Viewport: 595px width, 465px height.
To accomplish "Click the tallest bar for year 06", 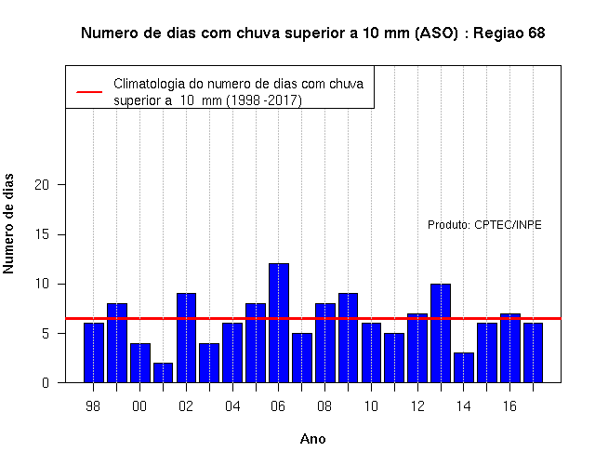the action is [x=279, y=323].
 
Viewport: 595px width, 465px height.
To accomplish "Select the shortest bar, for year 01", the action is [x=164, y=373].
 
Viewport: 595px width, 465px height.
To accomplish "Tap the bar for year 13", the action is [x=441, y=333].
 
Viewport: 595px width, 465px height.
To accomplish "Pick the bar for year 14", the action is [x=464, y=367].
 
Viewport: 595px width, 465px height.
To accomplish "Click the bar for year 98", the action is [x=94, y=352].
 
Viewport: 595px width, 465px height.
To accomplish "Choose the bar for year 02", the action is [x=186, y=338].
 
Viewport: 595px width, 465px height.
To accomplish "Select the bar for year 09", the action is [x=348, y=338].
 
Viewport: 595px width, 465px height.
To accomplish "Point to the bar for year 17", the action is [x=533, y=352].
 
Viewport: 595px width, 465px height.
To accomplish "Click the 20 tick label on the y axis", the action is [x=42, y=185].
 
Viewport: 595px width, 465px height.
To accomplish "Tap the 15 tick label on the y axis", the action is [x=42, y=234].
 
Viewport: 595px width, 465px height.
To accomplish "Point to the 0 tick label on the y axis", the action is [x=46, y=382].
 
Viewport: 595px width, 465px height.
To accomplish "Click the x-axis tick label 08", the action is [x=324, y=406].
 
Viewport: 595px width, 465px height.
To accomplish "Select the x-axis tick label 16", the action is [x=509, y=406].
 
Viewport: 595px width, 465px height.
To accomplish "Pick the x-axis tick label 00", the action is [x=139, y=406].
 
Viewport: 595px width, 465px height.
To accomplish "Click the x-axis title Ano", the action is [x=312, y=439].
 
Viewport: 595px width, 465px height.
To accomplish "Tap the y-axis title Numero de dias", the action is [x=8, y=223].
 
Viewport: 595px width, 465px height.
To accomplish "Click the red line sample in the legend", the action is [x=89, y=92].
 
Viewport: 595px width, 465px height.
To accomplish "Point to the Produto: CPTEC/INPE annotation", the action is [x=484, y=225].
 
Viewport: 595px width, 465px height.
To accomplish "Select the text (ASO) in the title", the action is [x=437, y=33].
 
